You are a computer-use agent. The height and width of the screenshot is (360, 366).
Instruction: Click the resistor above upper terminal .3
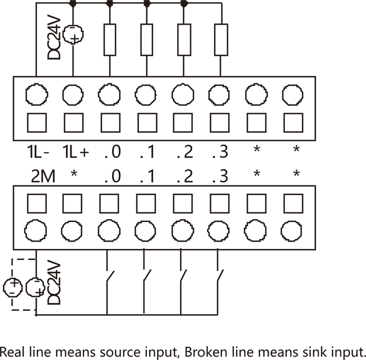pyautogui.click(x=220, y=39)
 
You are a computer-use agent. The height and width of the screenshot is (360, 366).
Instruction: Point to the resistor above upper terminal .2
pyautogui.click(x=184, y=39)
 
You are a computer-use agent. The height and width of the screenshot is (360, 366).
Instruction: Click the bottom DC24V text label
pyautogui.click(x=53, y=282)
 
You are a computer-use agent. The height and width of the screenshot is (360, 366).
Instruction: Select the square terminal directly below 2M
pyautogui.click(x=37, y=202)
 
